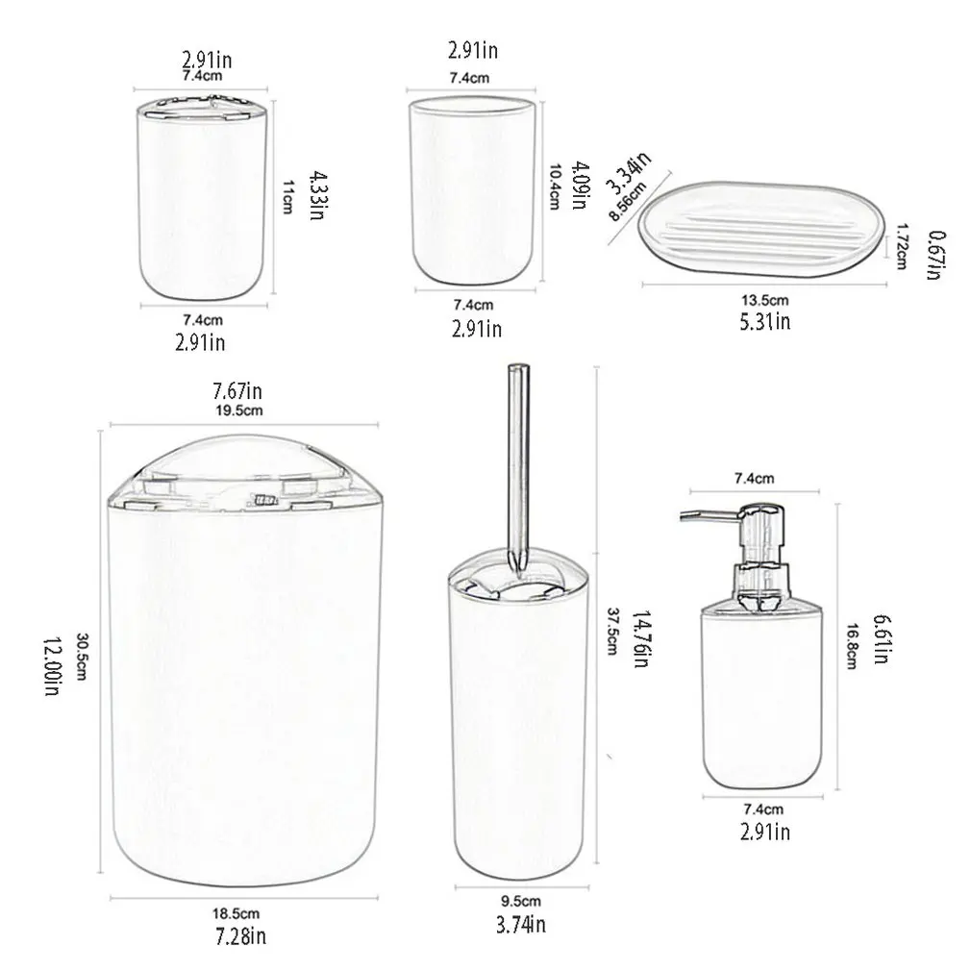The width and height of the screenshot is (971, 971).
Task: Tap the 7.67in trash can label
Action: pyautogui.click(x=238, y=390)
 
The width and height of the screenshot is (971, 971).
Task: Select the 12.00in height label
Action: pyautogui.click(x=50, y=669)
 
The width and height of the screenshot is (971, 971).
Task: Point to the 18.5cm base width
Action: pyautogui.click(x=237, y=913)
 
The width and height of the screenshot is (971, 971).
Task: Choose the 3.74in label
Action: pyautogui.click(x=520, y=925)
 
